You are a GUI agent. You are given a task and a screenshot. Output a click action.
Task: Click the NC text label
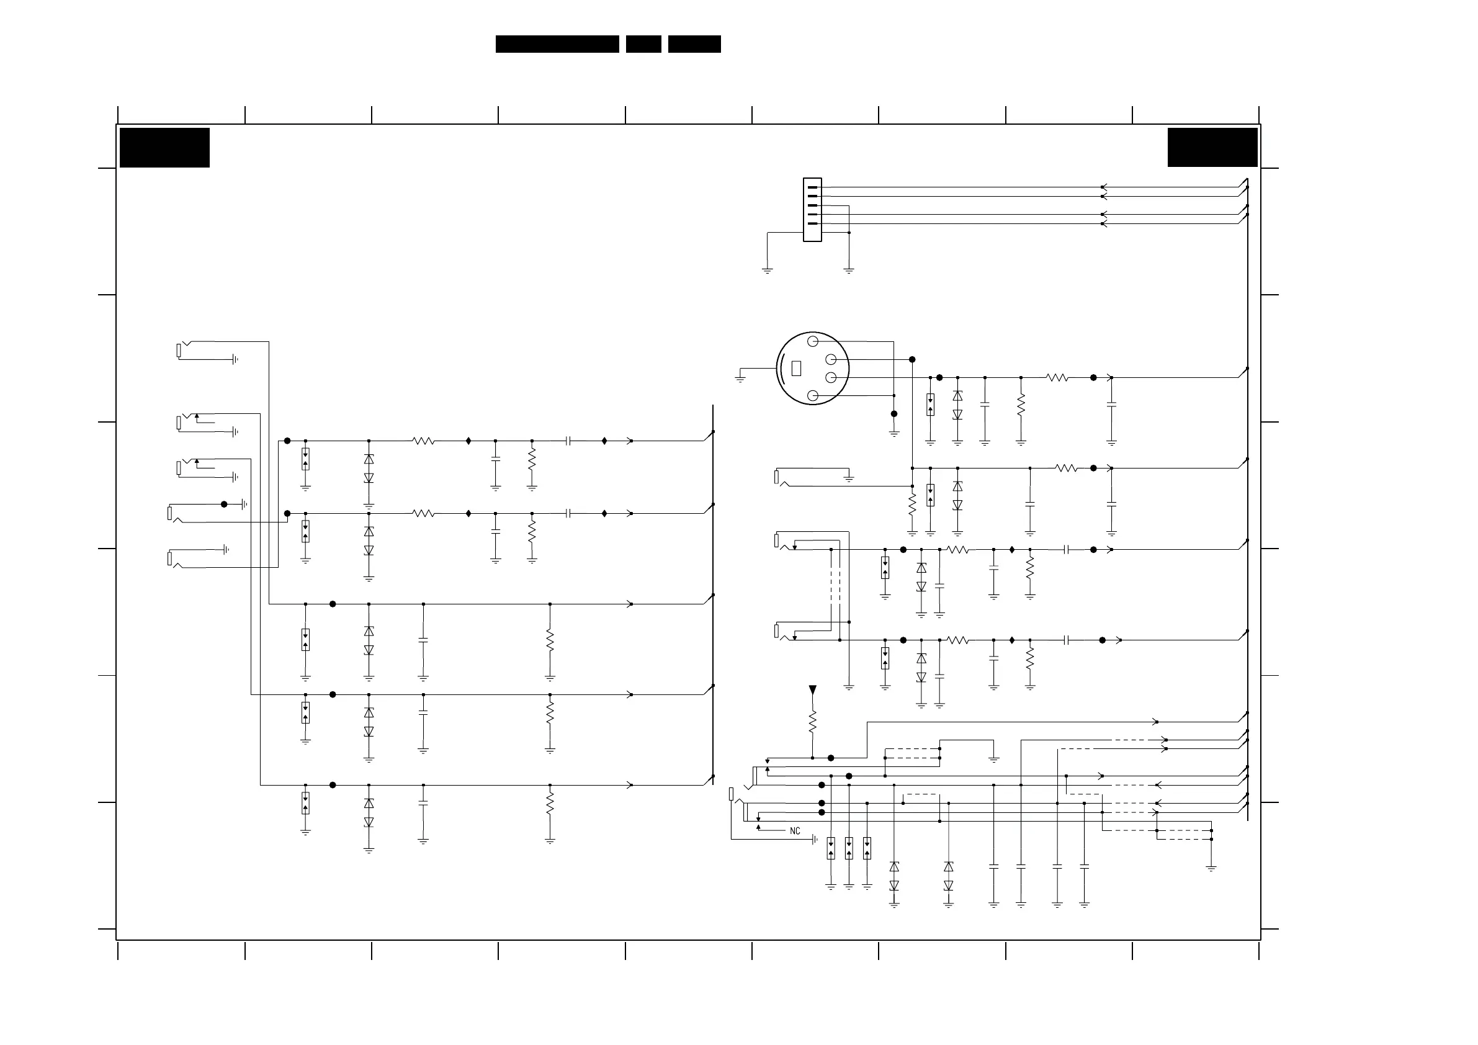pyautogui.click(x=795, y=832)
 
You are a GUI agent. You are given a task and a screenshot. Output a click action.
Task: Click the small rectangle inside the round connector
pyautogui.click(x=796, y=368)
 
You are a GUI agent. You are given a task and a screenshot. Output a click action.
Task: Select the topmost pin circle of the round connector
pyautogui.click(x=812, y=341)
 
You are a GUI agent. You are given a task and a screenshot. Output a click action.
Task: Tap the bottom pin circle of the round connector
pyautogui.click(x=812, y=395)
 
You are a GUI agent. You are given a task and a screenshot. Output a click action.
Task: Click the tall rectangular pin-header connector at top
pyautogui.click(x=812, y=210)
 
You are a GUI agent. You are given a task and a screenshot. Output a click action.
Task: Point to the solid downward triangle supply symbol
pyautogui.click(x=812, y=689)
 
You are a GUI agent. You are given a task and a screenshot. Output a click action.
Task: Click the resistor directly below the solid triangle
pyautogui.click(x=812, y=721)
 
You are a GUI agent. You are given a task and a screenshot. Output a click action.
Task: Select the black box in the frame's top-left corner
pyautogui.click(x=165, y=148)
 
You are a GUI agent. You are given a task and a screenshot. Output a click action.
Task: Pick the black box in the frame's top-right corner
pyautogui.click(x=1212, y=148)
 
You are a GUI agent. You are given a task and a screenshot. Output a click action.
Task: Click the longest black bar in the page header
pyautogui.click(x=557, y=44)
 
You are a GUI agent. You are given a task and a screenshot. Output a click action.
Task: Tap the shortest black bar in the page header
pyautogui.click(x=643, y=44)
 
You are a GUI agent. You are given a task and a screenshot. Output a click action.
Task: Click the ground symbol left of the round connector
pyautogui.click(x=740, y=379)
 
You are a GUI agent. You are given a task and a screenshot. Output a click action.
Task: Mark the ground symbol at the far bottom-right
pyautogui.click(x=1211, y=869)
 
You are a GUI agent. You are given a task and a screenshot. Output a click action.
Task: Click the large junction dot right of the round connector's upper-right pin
pyautogui.click(x=912, y=359)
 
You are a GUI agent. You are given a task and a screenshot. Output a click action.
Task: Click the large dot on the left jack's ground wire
pyautogui.click(x=224, y=504)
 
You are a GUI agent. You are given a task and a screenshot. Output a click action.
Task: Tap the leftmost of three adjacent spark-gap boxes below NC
pyautogui.click(x=831, y=848)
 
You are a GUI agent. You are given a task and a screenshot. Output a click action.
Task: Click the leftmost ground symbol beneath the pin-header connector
pyautogui.click(x=768, y=271)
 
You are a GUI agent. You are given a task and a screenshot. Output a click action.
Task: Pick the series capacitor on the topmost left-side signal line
pyautogui.click(x=568, y=441)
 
